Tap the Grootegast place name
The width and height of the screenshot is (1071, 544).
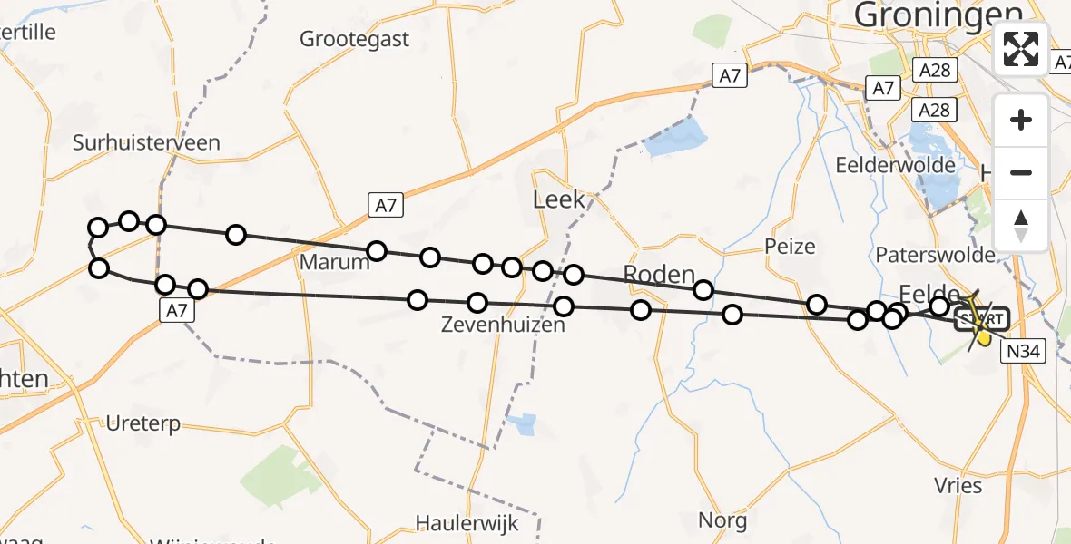click(x=355, y=40)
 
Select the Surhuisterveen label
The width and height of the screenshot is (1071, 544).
click(x=147, y=142)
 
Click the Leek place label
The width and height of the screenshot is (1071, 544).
click(x=559, y=199)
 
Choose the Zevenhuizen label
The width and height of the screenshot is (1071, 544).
click(x=503, y=324)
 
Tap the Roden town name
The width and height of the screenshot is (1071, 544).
click(x=659, y=275)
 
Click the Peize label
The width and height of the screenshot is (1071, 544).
click(x=790, y=246)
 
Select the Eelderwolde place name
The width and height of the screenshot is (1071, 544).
click(x=895, y=165)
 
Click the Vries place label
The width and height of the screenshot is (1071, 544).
click(x=958, y=485)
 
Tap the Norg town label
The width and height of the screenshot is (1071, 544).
click(x=722, y=520)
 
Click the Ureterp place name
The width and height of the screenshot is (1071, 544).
click(x=143, y=423)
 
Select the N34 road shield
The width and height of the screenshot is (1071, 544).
click(x=1025, y=352)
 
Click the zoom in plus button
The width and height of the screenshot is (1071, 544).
click(x=1021, y=120)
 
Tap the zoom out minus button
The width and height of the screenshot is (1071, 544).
click(x=1021, y=172)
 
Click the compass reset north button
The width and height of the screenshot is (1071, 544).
click(x=1021, y=225)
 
